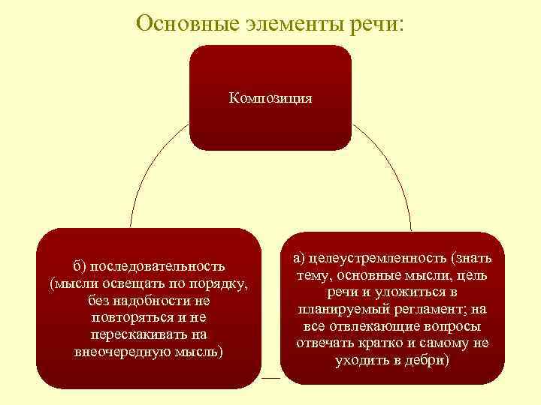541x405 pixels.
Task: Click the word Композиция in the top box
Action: pos(270,98)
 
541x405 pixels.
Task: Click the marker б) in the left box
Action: pos(80,266)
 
